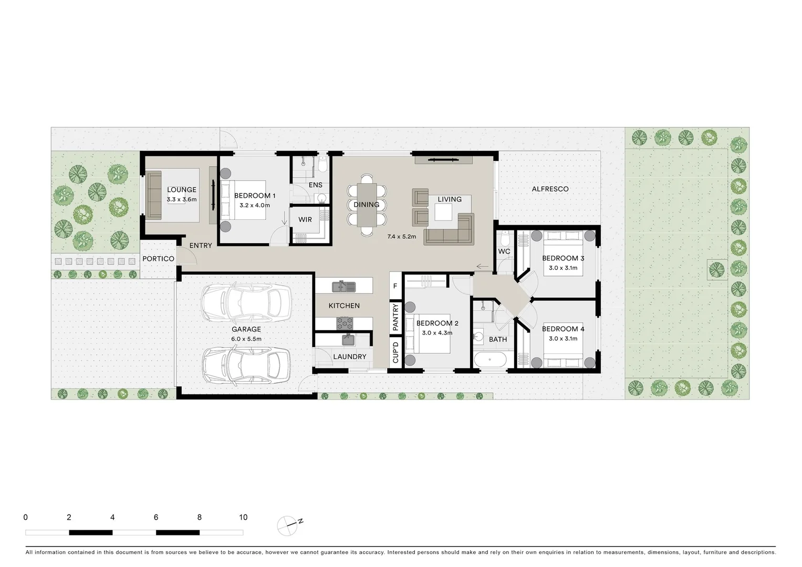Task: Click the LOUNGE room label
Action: click(x=182, y=190)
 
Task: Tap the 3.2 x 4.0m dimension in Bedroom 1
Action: click(x=255, y=205)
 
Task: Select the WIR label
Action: click(x=305, y=219)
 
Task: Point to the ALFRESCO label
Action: click(x=550, y=189)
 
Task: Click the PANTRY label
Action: click(x=395, y=317)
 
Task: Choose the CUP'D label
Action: click(x=395, y=352)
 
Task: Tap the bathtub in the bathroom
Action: click(x=489, y=361)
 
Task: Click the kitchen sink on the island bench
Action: click(x=343, y=287)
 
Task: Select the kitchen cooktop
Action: click(x=345, y=323)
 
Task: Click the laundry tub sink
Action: click(x=348, y=340)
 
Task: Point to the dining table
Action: click(x=367, y=205)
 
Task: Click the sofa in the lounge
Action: click(x=154, y=195)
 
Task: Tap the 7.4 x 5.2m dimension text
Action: click(x=401, y=237)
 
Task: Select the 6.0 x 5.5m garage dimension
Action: click(x=246, y=339)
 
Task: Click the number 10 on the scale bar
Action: click(x=243, y=517)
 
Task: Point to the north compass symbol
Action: click(x=287, y=525)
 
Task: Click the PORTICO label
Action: click(x=158, y=259)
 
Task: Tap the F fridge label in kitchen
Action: click(x=395, y=287)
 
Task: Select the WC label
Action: click(x=504, y=251)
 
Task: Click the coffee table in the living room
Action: click(x=443, y=212)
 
